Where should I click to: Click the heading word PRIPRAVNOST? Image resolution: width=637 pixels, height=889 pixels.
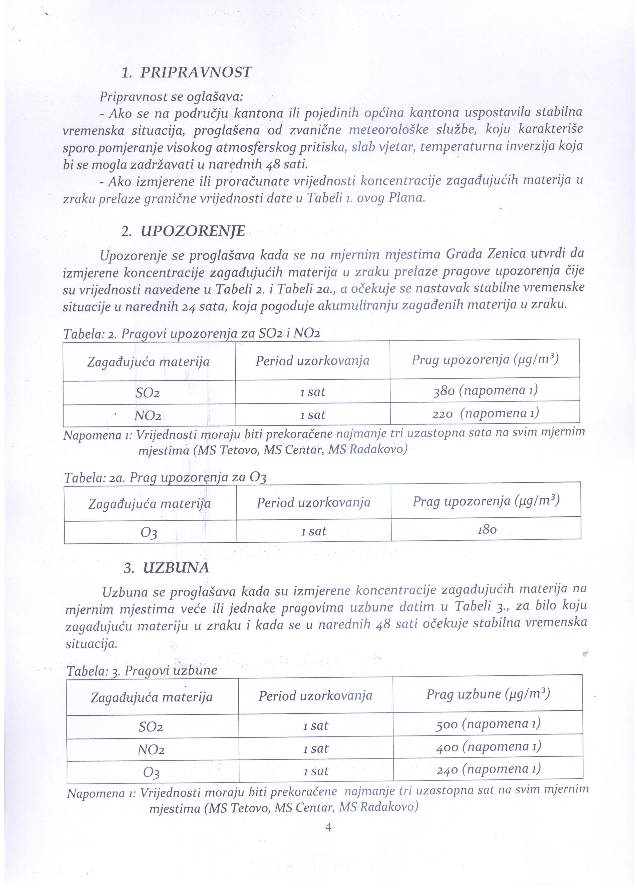click(x=196, y=73)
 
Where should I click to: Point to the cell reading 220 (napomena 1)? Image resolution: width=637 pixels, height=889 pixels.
click(x=485, y=413)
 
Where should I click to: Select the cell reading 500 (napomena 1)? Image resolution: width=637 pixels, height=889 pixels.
click(x=488, y=724)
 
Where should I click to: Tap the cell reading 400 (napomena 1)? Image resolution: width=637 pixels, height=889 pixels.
click(x=488, y=747)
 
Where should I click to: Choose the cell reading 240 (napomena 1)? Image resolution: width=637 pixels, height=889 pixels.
click(x=488, y=769)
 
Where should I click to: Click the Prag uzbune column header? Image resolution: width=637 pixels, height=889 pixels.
click(x=488, y=694)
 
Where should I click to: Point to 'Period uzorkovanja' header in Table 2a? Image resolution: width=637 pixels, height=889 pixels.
click(x=314, y=502)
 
